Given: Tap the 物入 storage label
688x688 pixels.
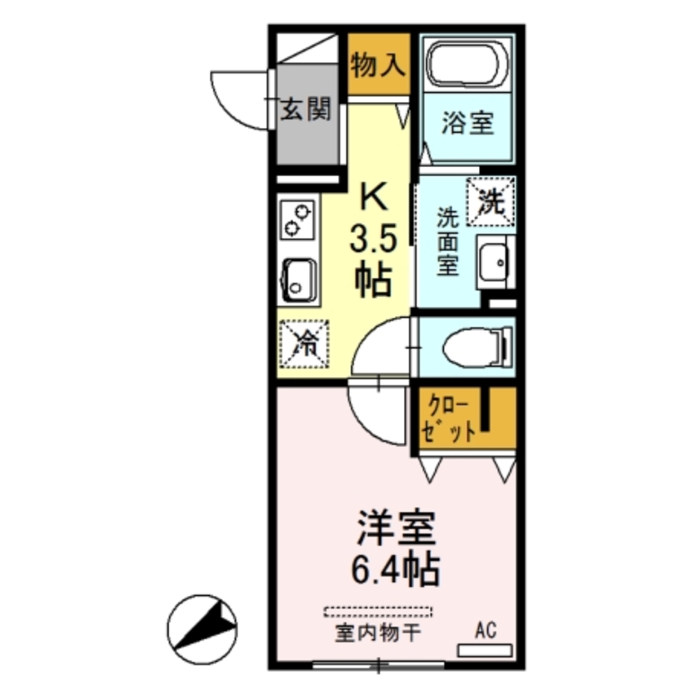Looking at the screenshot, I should pyautogui.click(x=377, y=66).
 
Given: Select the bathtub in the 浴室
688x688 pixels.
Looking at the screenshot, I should pyautogui.click(x=468, y=63).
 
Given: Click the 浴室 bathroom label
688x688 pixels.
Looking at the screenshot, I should pyautogui.click(x=467, y=125).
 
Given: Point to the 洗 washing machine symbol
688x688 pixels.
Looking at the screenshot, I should pyautogui.click(x=491, y=201).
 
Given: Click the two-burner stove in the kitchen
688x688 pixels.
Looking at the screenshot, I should pyautogui.click(x=298, y=219).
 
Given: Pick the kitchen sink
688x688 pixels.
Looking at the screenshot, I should pyautogui.click(x=297, y=280).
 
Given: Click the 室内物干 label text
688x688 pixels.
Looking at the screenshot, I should pyautogui.click(x=377, y=632).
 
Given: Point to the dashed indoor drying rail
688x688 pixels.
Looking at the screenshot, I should pyautogui.click(x=378, y=611).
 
